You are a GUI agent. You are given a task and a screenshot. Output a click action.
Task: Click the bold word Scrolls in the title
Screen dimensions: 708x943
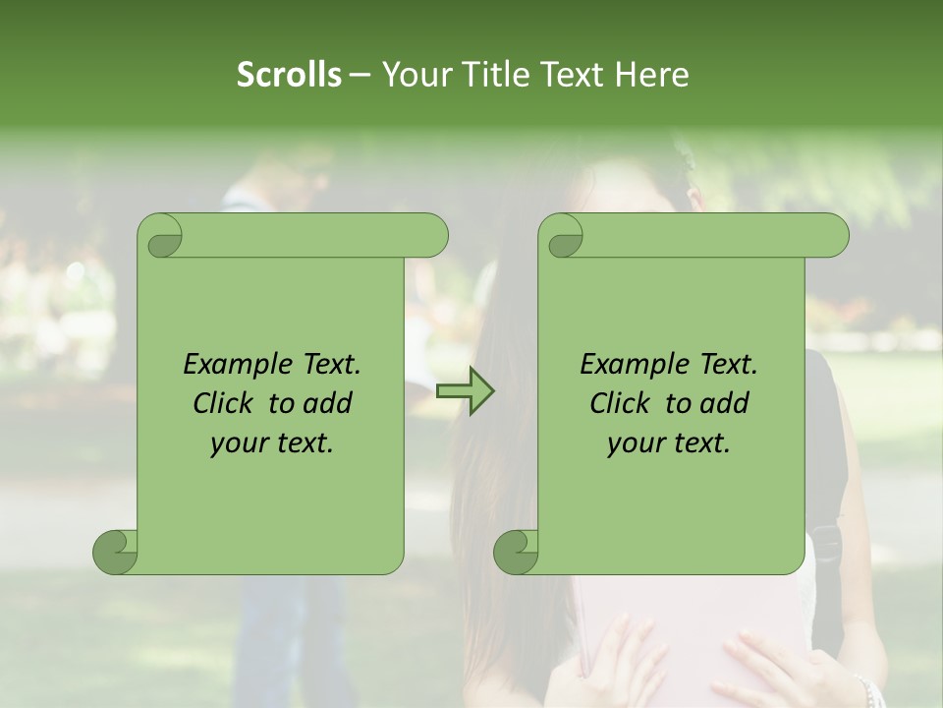click(289, 75)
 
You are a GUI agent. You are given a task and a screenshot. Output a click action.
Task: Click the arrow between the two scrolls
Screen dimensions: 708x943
click(465, 392)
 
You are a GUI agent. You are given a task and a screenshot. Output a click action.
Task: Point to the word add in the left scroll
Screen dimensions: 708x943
click(329, 403)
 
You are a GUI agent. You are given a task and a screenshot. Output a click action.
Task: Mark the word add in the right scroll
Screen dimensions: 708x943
click(726, 403)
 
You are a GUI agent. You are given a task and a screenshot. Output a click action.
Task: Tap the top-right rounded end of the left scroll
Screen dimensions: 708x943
click(430, 236)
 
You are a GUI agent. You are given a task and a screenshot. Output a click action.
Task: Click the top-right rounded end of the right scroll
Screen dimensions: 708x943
click(831, 236)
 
